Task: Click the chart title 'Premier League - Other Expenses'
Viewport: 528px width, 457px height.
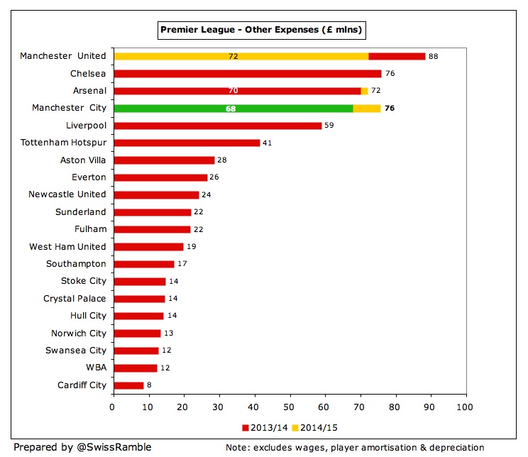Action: tap(261, 30)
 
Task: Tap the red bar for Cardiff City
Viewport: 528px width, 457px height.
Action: tap(128, 385)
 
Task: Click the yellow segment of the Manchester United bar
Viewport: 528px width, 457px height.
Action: tap(241, 56)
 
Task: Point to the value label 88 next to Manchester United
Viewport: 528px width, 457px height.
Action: tap(434, 56)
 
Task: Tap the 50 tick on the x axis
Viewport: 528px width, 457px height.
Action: tap(290, 407)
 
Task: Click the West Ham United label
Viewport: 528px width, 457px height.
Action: tap(67, 246)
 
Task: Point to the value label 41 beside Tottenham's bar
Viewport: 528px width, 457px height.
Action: tap(268, 143)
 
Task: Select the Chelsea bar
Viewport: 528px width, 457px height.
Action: tap(247, 74)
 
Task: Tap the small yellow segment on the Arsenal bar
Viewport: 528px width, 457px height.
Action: tap(365, 91)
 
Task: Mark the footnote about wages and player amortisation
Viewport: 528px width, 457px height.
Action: tap(355, 448)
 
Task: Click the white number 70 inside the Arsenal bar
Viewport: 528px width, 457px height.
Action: tap(233, 91)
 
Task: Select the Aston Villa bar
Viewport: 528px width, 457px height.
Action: tap(163, 160)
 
